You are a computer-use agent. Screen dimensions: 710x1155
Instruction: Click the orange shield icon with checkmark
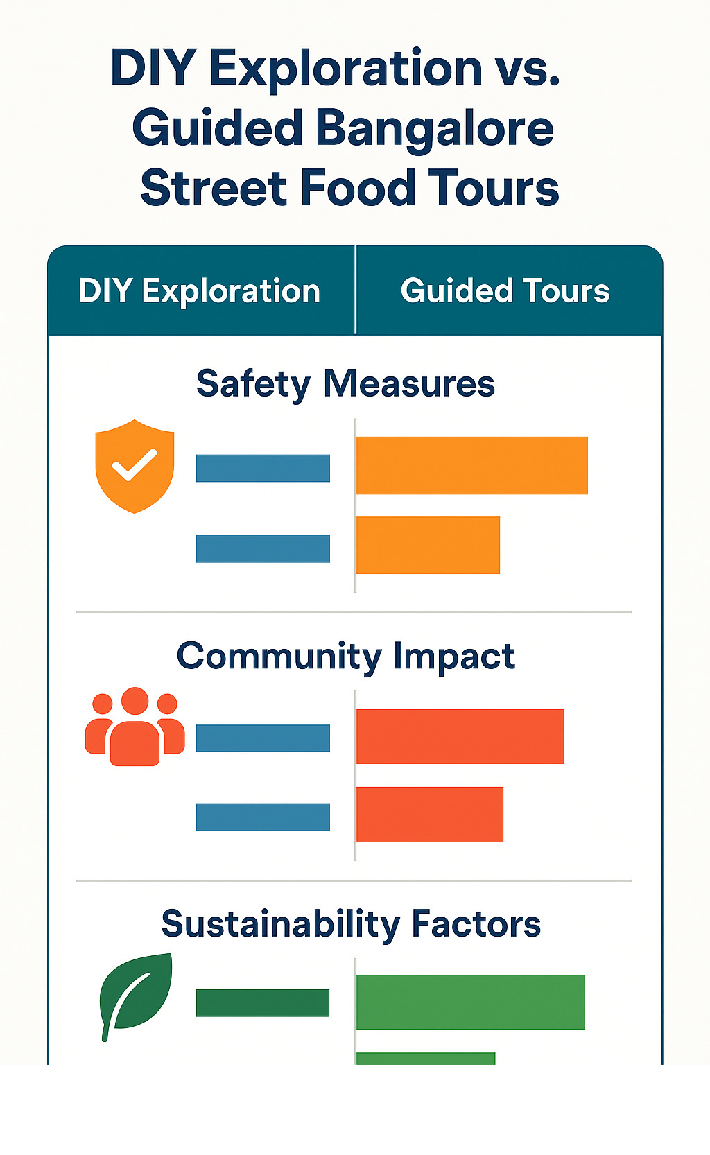coord(135,466)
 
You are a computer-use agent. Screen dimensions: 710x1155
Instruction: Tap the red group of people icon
coord(135,727)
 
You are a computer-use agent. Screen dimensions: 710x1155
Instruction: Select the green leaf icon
coord(135,997)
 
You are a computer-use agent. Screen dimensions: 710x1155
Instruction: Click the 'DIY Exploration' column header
coord(200,291)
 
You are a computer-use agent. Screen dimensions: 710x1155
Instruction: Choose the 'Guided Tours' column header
coord(505,290)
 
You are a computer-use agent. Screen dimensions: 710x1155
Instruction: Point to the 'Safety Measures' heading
coord(345,384)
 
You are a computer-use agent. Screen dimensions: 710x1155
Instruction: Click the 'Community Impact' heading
coord(345,657)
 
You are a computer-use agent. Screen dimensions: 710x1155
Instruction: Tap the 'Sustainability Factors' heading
coord(351,924)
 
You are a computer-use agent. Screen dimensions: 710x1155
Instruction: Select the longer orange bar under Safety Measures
coord(471,466)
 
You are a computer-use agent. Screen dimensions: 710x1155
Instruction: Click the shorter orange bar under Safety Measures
coord(428,545)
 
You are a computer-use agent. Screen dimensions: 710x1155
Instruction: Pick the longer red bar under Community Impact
coord(460,736)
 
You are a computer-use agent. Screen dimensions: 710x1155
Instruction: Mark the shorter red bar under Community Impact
coord(429,815)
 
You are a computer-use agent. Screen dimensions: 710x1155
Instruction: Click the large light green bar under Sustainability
coord(470,1002)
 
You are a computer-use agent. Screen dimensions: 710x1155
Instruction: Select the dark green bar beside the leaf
coord(263,1003)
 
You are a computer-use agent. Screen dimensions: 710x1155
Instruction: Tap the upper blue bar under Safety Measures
coord(263,468)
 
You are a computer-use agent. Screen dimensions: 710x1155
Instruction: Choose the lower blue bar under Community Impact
coord(263,817)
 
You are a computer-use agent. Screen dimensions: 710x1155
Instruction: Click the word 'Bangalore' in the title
coord(435,130)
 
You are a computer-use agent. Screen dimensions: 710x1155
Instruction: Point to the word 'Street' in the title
coord(213,188)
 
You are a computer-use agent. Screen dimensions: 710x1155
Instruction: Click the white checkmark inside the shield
coord(135,464)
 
